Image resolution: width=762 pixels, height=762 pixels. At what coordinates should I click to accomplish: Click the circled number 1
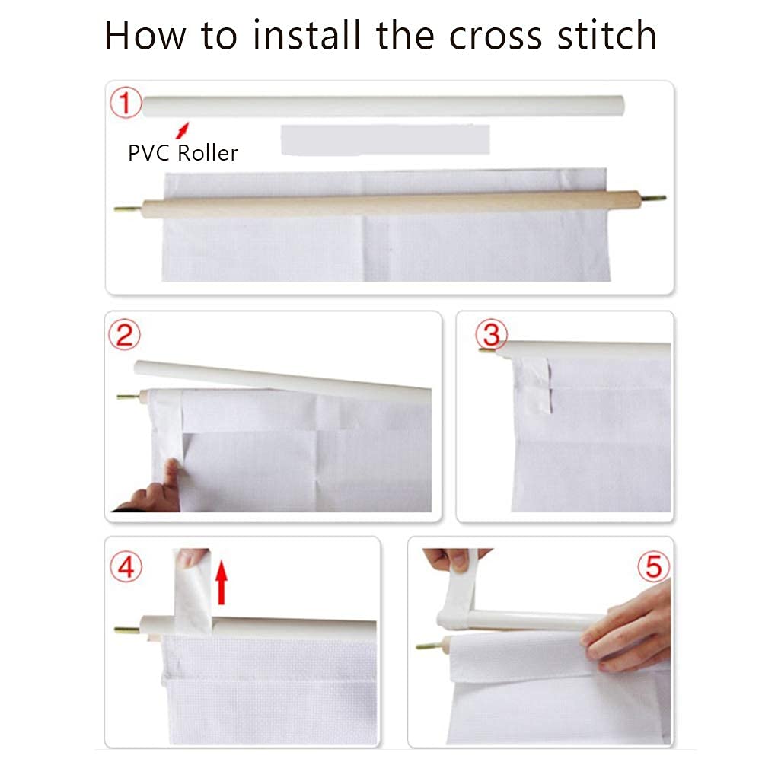126,103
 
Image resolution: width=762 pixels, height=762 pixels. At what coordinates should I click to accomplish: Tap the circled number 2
124,335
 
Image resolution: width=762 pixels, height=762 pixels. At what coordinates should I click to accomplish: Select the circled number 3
491,334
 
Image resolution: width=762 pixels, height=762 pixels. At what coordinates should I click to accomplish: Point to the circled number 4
126,566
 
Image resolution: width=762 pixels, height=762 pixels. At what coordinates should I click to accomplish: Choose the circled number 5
654,566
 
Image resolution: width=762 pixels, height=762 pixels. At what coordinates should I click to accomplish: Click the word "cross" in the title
496,36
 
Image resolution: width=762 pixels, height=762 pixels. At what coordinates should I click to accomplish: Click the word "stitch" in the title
607,34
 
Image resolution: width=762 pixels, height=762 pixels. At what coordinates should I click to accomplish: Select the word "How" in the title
145,35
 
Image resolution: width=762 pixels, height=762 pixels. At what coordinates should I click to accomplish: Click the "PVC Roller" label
183,153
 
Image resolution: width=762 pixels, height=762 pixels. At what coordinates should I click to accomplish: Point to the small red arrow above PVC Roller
182,130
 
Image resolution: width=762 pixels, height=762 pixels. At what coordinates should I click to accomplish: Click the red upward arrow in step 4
222,582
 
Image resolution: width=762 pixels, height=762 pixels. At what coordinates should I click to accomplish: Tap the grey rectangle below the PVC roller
385,140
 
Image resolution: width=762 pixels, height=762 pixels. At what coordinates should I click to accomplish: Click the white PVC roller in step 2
282,380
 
